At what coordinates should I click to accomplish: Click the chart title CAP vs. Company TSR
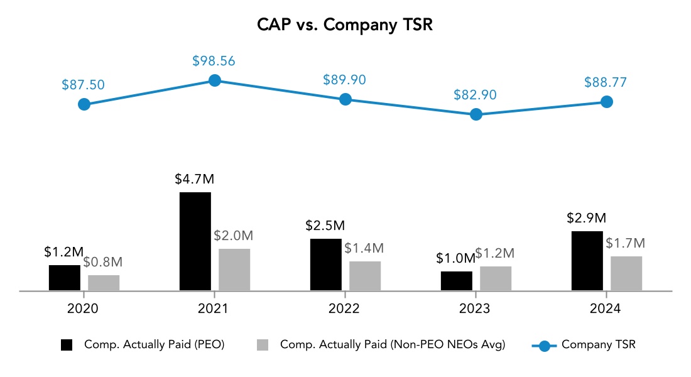pos(345,25)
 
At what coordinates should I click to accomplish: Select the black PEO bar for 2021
pos(195,241)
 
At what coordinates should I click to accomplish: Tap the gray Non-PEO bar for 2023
pos(496,278)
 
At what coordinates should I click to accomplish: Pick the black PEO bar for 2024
pos(587,261)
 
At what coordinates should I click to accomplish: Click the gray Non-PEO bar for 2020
pos(104,283)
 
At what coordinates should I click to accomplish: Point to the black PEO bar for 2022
pos(326,265)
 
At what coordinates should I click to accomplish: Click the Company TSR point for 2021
pos(215,80)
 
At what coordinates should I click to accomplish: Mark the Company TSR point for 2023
pos(476,114)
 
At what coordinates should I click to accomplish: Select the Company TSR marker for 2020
pos(84,104)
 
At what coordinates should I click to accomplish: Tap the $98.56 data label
pos(214,62)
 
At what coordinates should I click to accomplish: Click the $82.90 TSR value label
pos(476,96)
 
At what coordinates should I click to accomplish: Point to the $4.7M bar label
pos(195,179)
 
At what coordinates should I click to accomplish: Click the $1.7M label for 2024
pos(625,243)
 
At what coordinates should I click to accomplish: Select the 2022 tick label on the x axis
pos(344,309)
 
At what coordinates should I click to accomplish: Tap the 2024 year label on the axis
pos(606,309)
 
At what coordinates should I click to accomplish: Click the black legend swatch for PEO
pos(67,344)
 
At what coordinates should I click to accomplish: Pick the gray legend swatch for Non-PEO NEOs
pos(263,344)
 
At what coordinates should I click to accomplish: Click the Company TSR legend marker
pos(544,345)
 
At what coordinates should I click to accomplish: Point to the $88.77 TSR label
pos(606,82)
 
